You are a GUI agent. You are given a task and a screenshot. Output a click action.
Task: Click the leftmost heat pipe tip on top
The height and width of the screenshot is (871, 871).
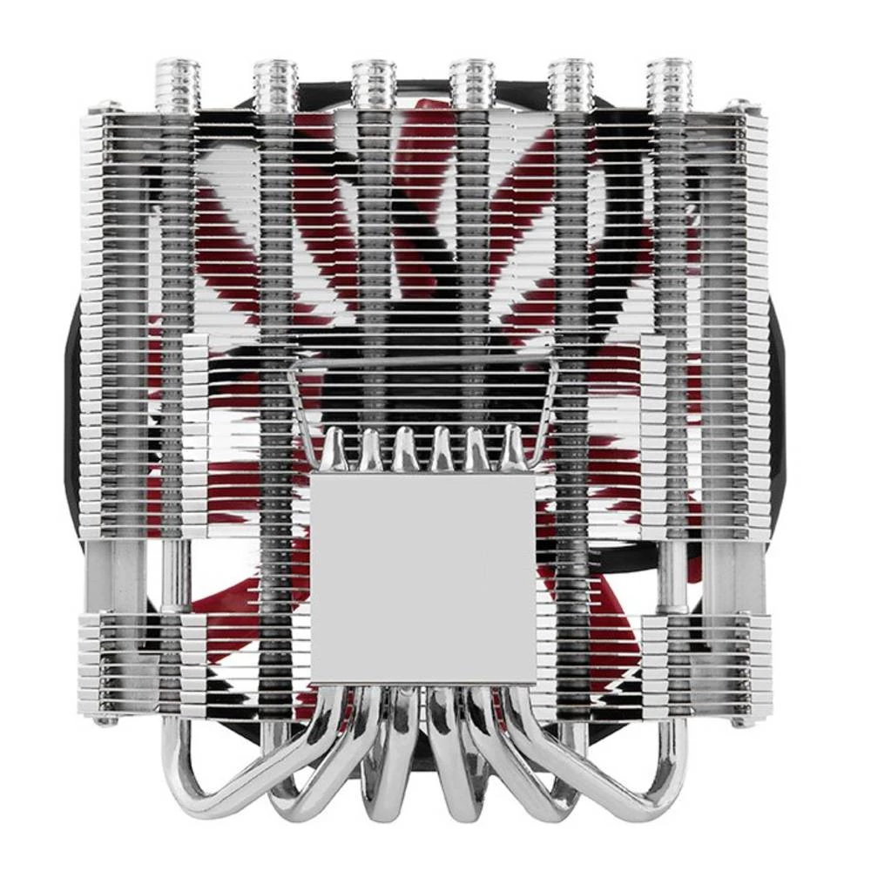click(177, 84)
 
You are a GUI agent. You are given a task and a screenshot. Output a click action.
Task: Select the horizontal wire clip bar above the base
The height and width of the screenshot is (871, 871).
click(422, 361)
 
